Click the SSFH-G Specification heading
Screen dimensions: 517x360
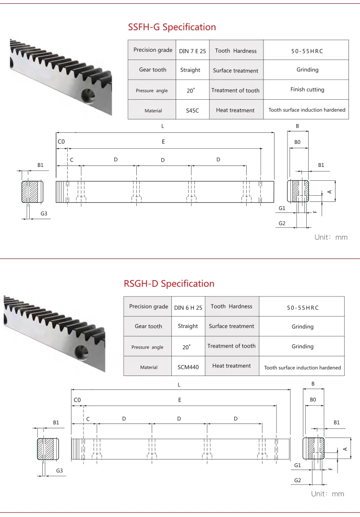172,27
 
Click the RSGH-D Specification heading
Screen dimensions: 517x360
169,284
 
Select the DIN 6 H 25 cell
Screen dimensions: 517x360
188,307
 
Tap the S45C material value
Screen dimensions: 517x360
192,110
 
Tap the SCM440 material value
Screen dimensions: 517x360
188,367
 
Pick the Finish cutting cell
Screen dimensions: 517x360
307,90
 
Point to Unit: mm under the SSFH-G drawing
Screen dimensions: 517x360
331,237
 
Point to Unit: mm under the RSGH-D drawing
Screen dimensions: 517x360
327,494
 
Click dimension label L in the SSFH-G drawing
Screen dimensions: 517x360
163,126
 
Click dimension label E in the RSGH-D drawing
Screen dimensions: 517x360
180,399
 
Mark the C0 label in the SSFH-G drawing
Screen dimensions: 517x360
61,141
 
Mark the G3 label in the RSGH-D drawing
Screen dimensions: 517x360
60,471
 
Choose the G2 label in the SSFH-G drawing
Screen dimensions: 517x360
282,223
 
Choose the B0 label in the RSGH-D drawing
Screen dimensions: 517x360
313,399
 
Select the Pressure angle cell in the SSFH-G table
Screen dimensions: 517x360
151,90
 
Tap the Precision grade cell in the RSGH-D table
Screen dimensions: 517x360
149,306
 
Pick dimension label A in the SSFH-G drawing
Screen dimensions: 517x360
329,191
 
